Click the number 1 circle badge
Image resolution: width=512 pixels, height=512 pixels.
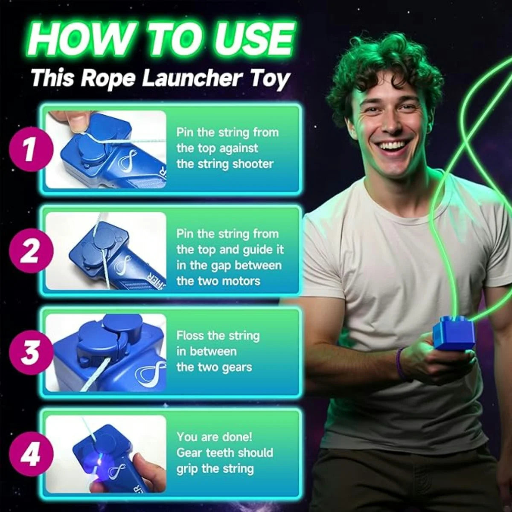point(29,150)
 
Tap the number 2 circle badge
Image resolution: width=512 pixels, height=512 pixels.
point(29,251)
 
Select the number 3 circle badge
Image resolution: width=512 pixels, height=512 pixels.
point(29,353)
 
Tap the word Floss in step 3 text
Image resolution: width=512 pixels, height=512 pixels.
point(190,335)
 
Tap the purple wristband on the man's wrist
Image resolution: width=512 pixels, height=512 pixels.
point(400,363)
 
